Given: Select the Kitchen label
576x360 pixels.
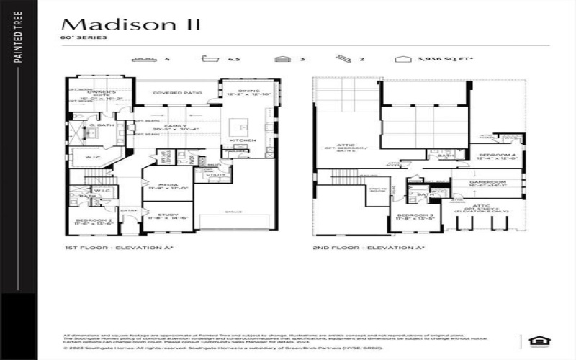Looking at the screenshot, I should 240,140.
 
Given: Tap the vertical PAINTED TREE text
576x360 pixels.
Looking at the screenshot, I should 18,48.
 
